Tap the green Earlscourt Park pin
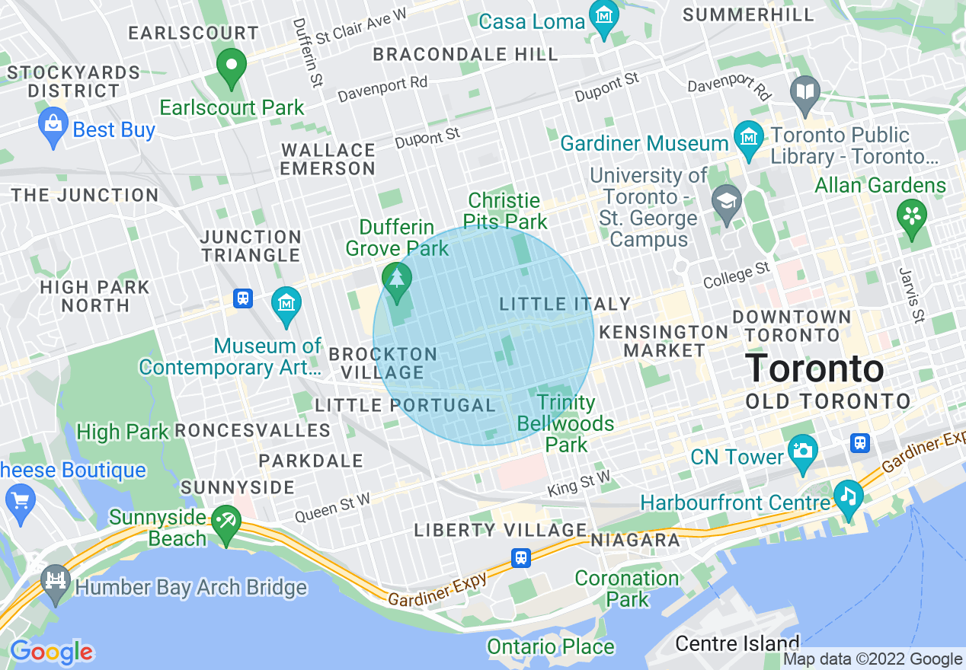pyautogui.click(x=232, y=66)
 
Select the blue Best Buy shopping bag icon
pyautogui.click(x=53, y=128)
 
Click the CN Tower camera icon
pyautogui.click(x=802, y=450)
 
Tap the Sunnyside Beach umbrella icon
pyautogui.click(x=226, y=522)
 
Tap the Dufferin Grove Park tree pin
pyautogui.click(x=395, y=279)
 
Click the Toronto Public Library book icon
pyautogui.click(x=805, y=92)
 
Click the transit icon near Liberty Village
pyautogui.click(x=520, y=557)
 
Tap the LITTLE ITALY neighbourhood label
pyautogui.click(x=565, y=305)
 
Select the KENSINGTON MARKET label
pyautogui.click(x=664, y=341)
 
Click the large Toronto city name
pyautogui.click(x=814, y=369)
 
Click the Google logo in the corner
pyautogui.click(x=51, y=652)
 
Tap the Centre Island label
pyautogui.click(x=737, y=643)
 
